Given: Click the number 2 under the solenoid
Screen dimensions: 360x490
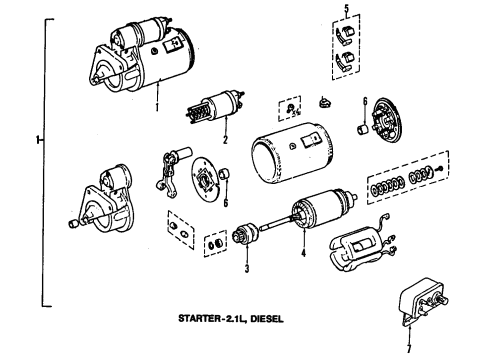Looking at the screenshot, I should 226,140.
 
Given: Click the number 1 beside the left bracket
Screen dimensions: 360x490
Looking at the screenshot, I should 38,140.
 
